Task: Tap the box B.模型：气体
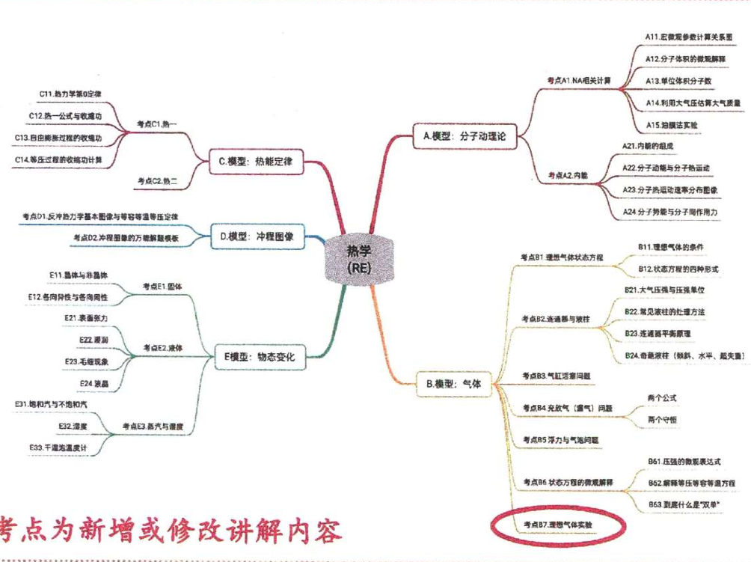(453, 384)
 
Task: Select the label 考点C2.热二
(158, 180)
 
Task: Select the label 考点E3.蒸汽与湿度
(153, 426)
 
